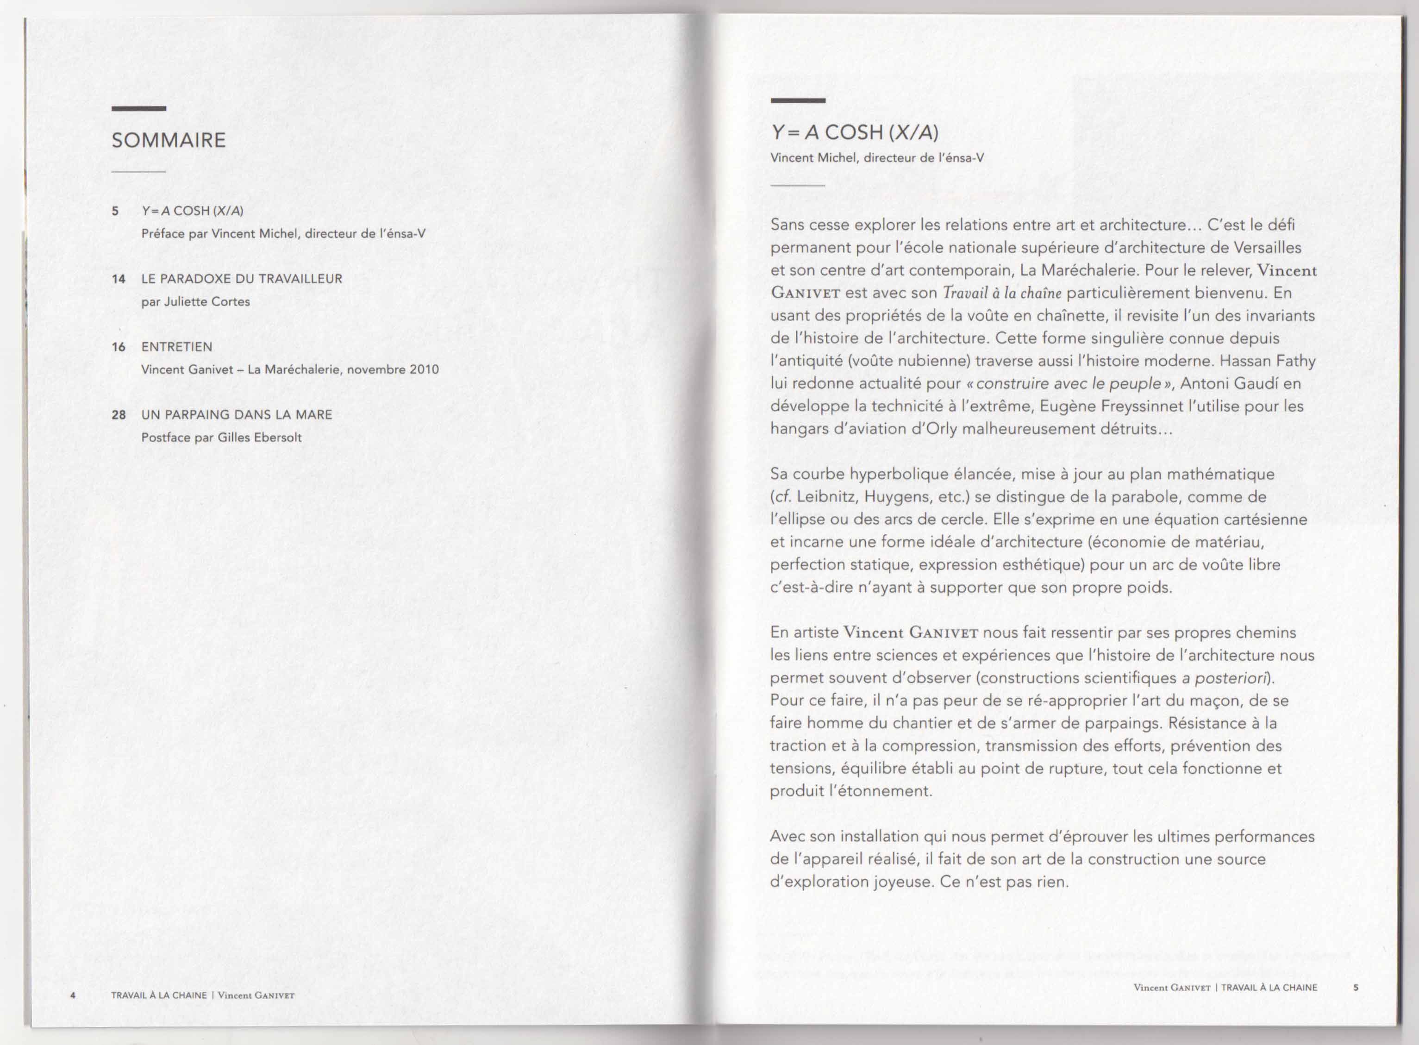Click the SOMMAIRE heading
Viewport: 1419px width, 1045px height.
point(168,140)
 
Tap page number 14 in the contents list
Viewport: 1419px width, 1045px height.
point(118,279)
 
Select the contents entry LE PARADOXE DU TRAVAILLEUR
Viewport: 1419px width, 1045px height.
point(242,279)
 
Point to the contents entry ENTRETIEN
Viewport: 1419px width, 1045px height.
point(176,347)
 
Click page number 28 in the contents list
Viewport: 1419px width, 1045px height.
point(118,415)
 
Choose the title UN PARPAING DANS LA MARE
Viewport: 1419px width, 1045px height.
point(237,415)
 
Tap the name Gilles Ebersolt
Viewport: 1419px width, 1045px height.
point(259,438)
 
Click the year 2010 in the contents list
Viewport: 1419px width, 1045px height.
point(424,369)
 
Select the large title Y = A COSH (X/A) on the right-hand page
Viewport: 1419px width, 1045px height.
point(854,132)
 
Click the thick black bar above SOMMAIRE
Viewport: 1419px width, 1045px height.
point(138,109)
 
